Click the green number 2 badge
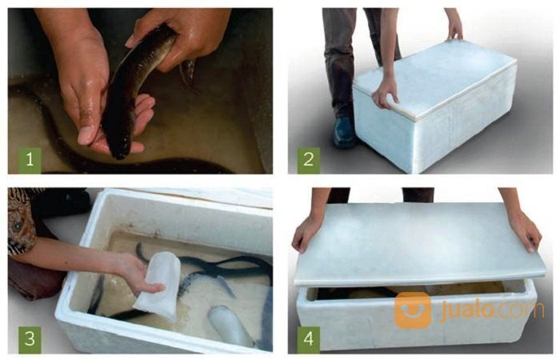[x=309, y=158]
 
